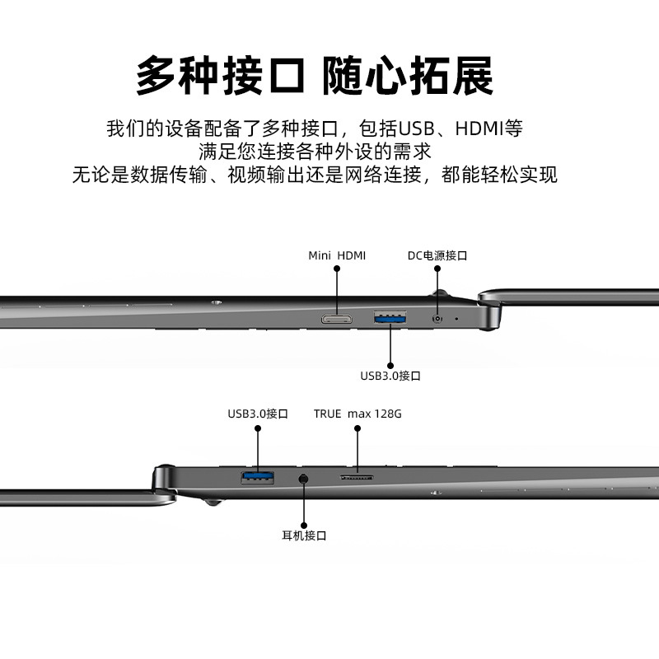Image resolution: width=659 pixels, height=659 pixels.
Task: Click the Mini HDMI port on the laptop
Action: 337,317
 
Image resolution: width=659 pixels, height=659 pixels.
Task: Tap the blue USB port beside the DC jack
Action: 390,317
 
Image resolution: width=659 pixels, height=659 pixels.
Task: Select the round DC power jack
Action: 437,317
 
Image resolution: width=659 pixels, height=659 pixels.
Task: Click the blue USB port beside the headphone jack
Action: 257,476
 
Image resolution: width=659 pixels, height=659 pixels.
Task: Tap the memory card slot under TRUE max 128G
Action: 358,476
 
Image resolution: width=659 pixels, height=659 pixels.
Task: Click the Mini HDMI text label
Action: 337,255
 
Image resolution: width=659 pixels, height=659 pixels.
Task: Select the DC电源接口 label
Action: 437,255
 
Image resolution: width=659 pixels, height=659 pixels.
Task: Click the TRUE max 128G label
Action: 358,414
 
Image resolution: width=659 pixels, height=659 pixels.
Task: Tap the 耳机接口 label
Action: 305,535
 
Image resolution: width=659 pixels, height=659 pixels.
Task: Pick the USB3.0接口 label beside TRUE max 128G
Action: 258,414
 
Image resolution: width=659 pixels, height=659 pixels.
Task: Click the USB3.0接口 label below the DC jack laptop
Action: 390,376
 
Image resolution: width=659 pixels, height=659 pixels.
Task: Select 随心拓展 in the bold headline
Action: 409,77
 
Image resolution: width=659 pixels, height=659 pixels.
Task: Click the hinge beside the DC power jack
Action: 491,309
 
